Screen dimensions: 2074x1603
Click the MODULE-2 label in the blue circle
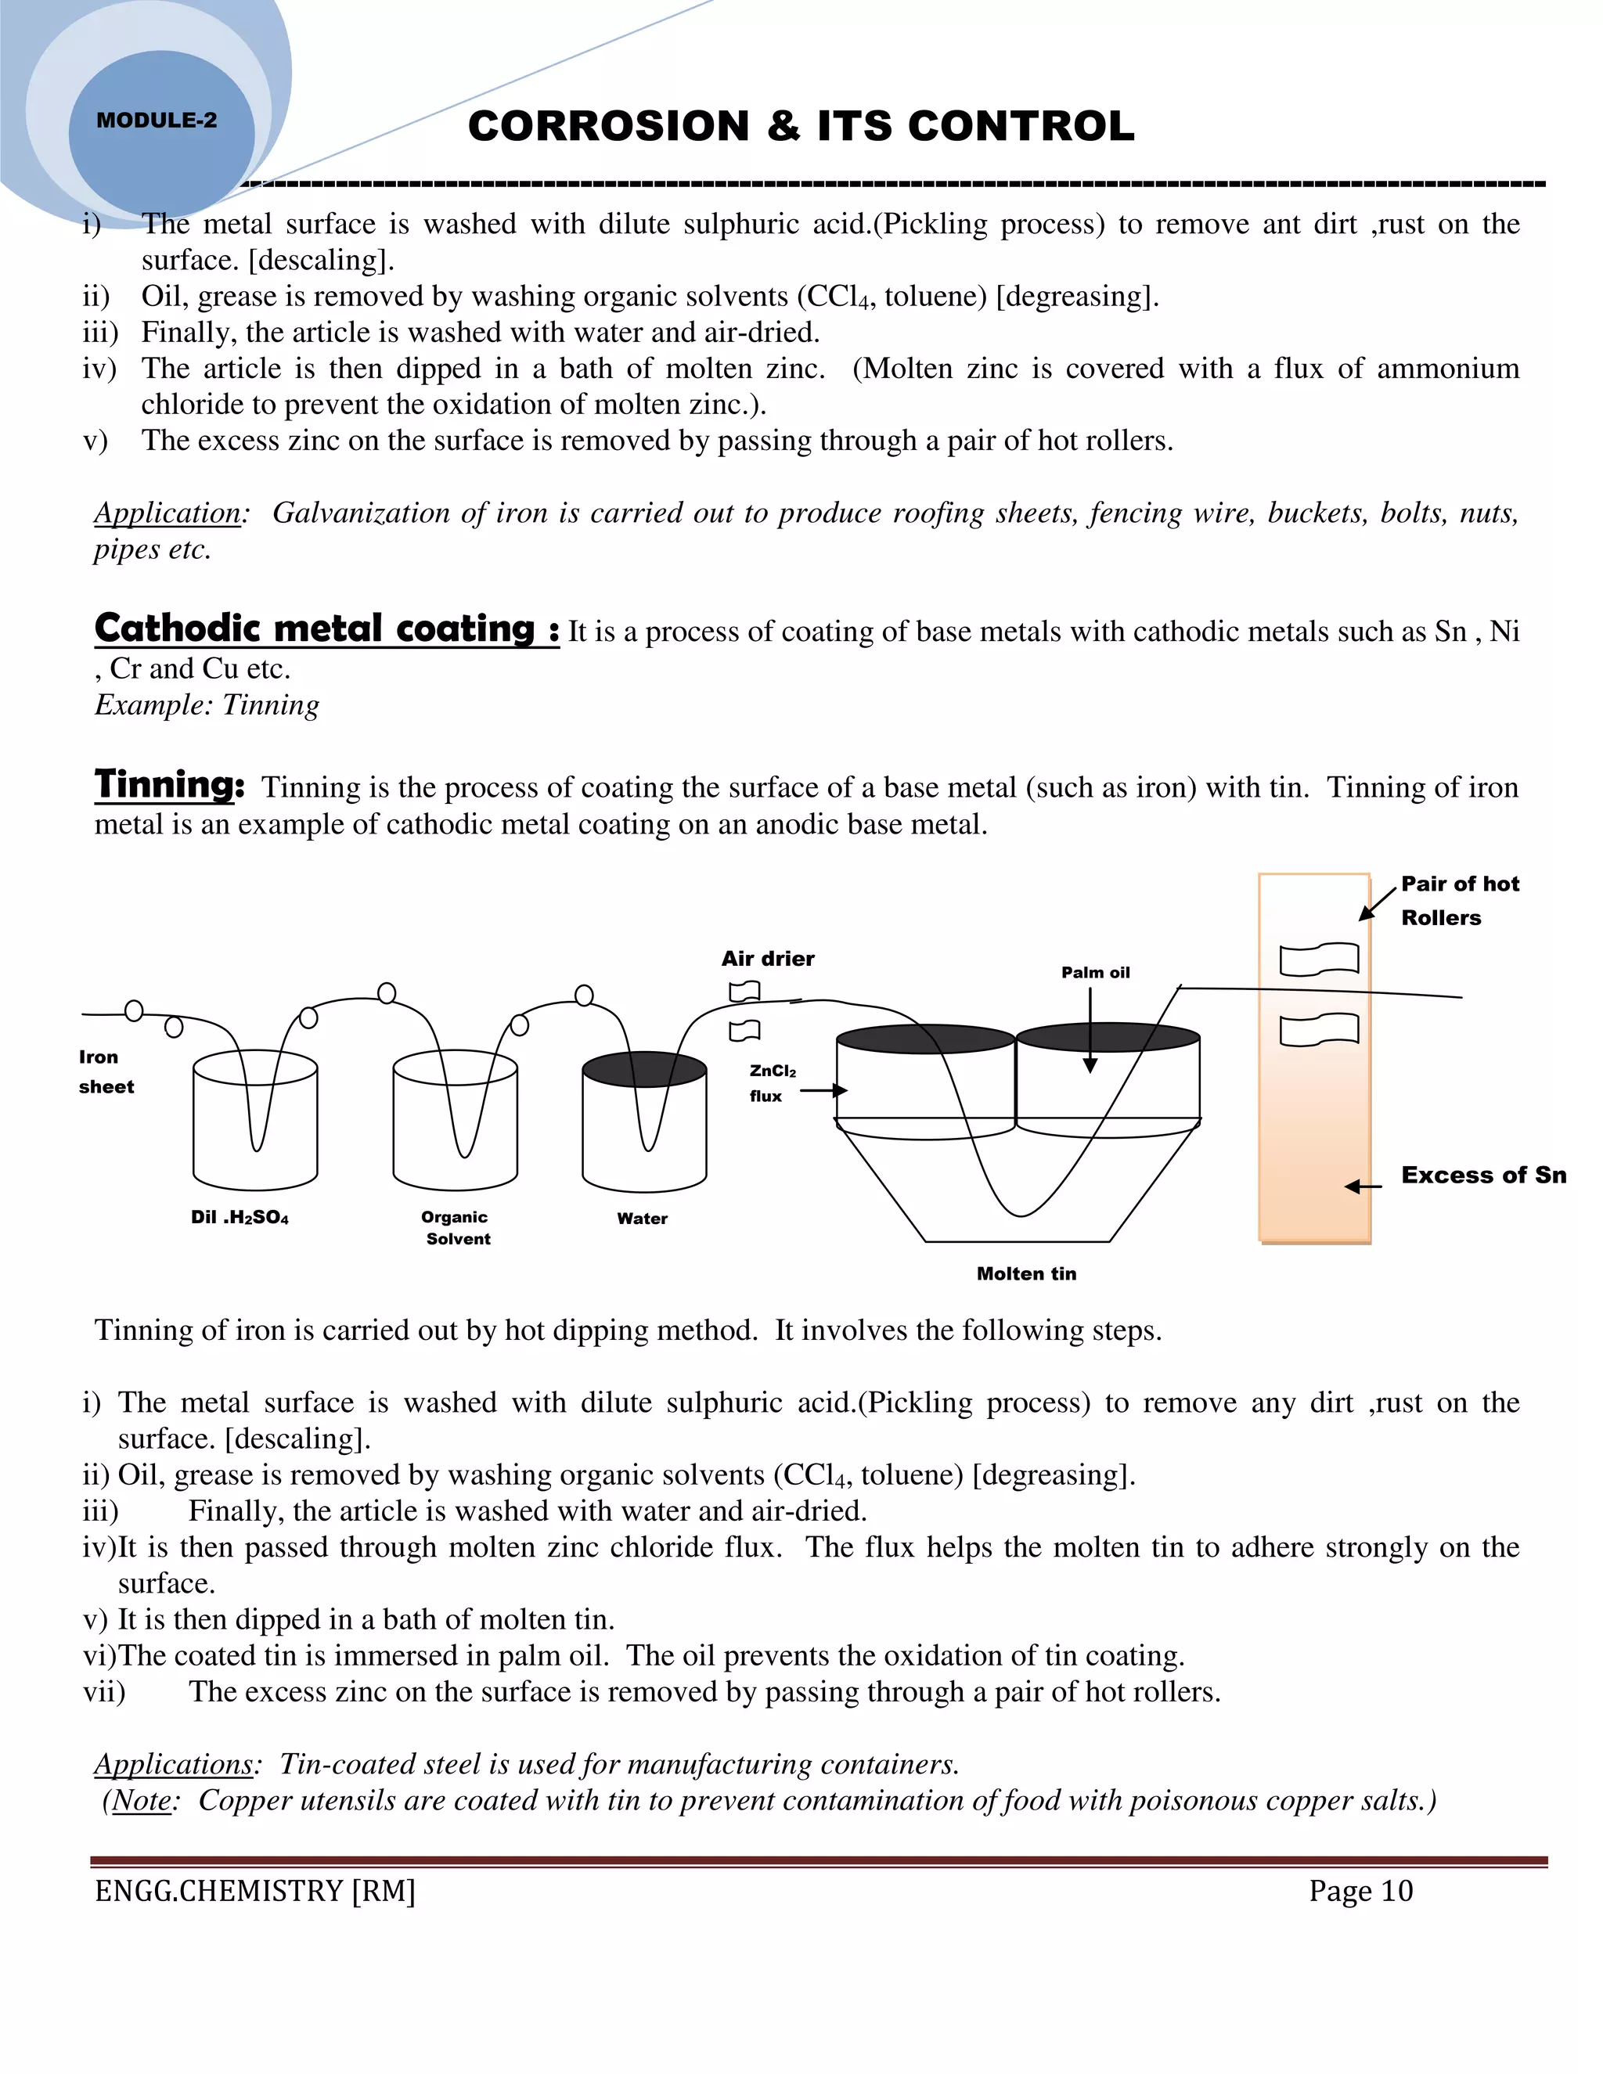(x=157, y=121)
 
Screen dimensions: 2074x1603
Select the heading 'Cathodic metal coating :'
(x=326, y=628)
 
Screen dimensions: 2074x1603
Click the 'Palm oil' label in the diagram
(x=1095, y=972)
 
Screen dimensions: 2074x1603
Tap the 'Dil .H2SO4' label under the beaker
(x=240, y=1218)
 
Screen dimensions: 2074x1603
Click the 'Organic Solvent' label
(x=456, y=1227)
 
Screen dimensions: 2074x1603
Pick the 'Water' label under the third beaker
(x=642, y=1219)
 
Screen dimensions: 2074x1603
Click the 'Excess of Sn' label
(x=1483, y=1175)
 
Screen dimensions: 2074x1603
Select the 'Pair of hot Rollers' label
(x=1459, y=900)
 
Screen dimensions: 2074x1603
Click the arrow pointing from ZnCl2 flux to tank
(x=823, y=1090)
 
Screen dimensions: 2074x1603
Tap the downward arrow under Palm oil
(x=1090, y=1035)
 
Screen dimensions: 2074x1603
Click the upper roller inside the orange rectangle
(x=1318, y=960)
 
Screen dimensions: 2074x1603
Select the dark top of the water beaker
(x=644, y=1069)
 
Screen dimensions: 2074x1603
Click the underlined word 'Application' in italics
(x=168, y=513)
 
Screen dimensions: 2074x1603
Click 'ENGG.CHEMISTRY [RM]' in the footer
(x=254, y=1891)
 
